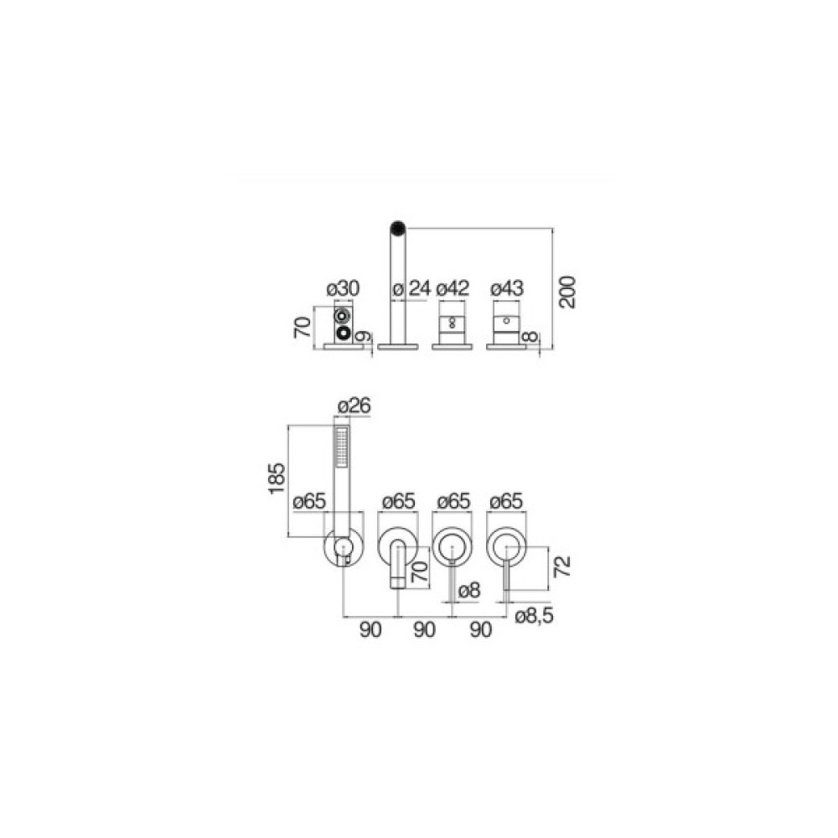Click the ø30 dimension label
click(343, 288)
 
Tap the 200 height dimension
click(567, 292)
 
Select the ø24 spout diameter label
click(411, 288)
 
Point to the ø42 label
click(453, 288)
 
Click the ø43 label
click(507, 288)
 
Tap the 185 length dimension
click(277, 478)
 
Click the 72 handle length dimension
click(562, 566)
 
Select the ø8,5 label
click(534, 616)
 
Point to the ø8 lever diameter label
click(469, 591)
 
